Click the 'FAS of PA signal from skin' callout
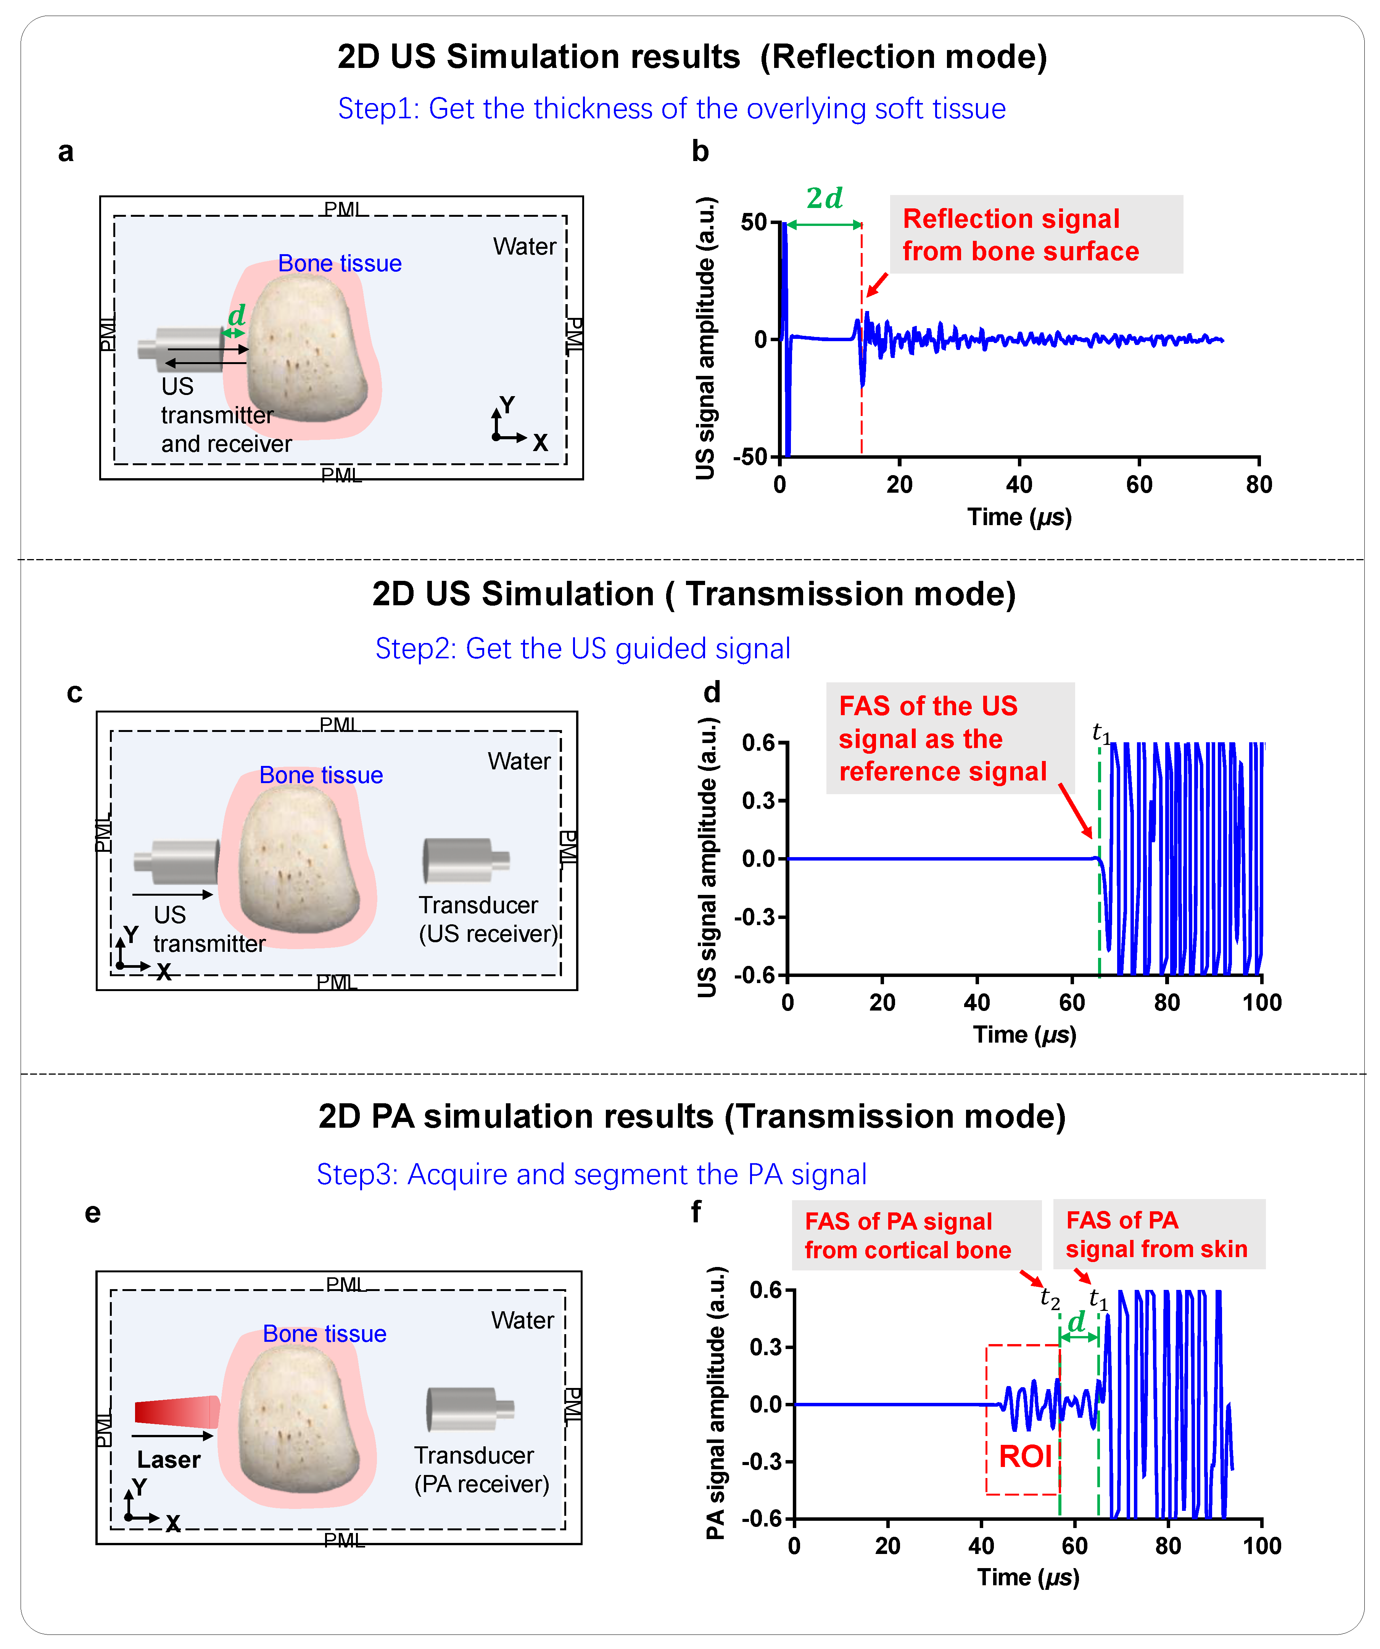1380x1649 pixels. pos(1158,1235)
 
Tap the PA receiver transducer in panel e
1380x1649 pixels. pos(469,1409)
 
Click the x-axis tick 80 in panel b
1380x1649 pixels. pos(1258,485)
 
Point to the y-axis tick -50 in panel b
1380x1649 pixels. pos(750,457)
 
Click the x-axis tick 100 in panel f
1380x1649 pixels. pos(1261,1546)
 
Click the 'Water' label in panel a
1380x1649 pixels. pos(524,247)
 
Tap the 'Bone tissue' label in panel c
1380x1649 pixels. pos(321,775)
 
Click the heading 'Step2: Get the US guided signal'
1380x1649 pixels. pos(583,649)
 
